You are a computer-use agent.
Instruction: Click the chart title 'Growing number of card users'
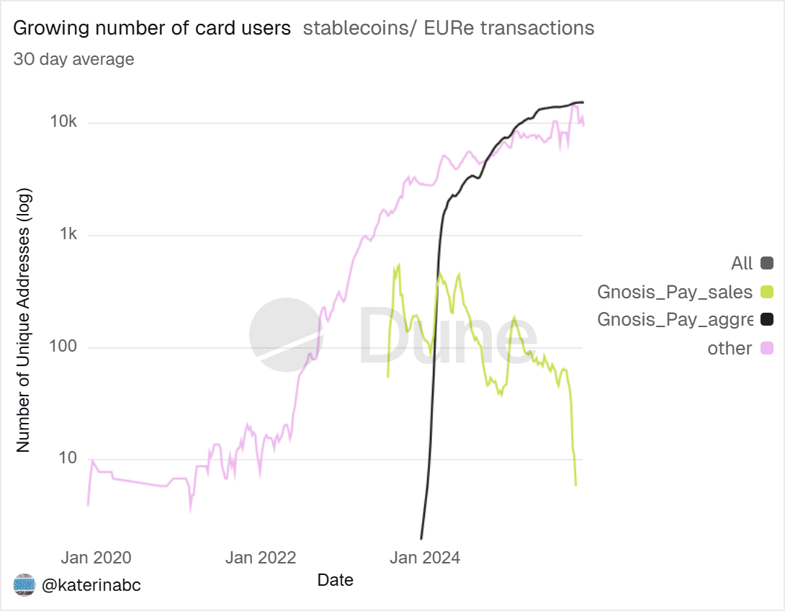[x=152, y=29]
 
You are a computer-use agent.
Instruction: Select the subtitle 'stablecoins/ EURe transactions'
[x=449, y=29]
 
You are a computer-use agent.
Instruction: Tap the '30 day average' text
[x=73, y=59]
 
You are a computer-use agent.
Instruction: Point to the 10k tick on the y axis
[x=63, y=122]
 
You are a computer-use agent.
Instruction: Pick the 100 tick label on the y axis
[x=63, y=347]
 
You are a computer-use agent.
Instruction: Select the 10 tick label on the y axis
[x=67, y=459]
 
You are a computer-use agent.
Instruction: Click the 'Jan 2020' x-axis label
[x=96, y=557]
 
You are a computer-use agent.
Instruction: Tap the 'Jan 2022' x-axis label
[x=260, y=557]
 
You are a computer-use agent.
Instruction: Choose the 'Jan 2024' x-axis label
[x=425, y=557]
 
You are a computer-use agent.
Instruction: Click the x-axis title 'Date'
[x=335, y=580]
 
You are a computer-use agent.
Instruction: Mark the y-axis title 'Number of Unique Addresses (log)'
[x=23, y=316]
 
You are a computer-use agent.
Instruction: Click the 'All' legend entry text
[x=742, y=264]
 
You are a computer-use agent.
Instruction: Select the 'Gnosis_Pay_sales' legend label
[x=675, y=292]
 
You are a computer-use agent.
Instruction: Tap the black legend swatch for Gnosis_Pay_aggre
[x=766, y=320]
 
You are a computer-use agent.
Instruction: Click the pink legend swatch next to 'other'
[x=766, y=349]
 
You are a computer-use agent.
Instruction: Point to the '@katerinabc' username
[x=91, y=585]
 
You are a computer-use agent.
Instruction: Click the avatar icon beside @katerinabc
[x=24, y=585]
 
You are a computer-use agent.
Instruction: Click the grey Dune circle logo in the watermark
[x=285, y=334]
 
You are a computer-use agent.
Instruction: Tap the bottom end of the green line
[x=575, y=485]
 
